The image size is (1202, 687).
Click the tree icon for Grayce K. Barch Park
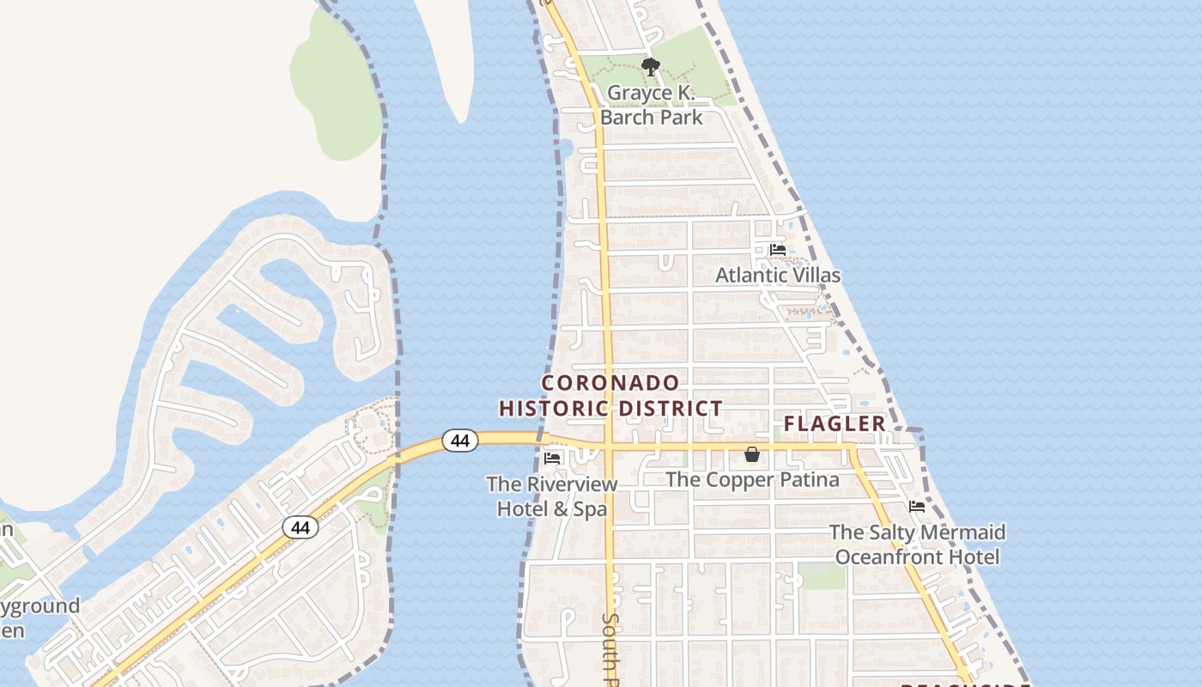click(x=651, y=66)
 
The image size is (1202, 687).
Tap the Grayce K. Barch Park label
click(x=651, y=105)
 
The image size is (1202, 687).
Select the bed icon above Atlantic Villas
click(x=778, y=250)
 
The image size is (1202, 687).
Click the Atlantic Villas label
click(x=778, y=276)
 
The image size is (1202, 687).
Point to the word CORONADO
click(x=611, y=383)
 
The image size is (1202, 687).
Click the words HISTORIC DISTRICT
click(x=611, y=409)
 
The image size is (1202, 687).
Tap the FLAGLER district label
click(x=835, y=423)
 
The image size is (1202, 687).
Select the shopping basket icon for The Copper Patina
click(x=752, y=454)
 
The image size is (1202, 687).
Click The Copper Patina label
click(x=753, y=479)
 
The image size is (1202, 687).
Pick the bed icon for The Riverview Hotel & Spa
click(x=552, y=459)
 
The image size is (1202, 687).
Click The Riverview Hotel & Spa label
click(x=552, y=496)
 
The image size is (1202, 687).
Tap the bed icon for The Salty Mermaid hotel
click(x=917, y=507)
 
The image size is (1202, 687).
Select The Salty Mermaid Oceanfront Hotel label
click(x=917, y=544)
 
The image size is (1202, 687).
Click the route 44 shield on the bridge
click(x=460, y=441)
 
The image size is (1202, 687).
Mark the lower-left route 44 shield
click(x=300, y=527)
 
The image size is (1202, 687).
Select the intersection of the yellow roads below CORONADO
click(x=607, y=447)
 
